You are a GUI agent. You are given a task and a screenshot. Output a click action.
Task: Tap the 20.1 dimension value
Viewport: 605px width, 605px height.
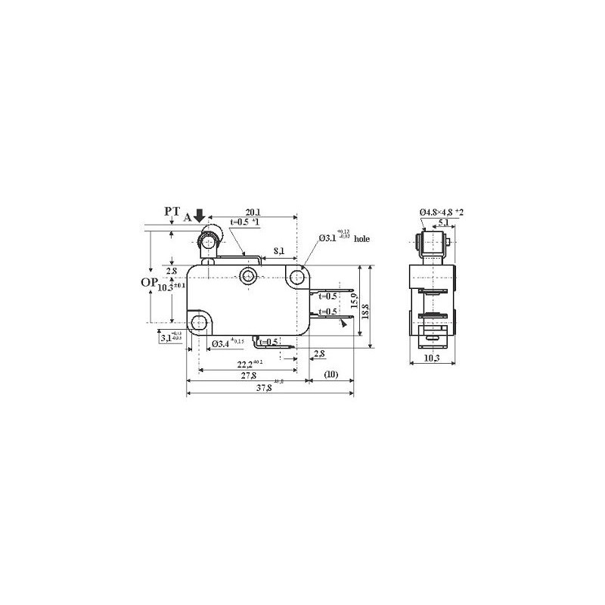[253, 213]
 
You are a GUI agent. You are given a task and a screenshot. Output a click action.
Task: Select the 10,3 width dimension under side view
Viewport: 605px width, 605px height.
[432, 357]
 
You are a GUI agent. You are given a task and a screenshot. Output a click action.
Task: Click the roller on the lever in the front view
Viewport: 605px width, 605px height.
[206, 243]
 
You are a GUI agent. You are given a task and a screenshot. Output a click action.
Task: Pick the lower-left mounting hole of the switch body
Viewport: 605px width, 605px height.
[199, 324]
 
